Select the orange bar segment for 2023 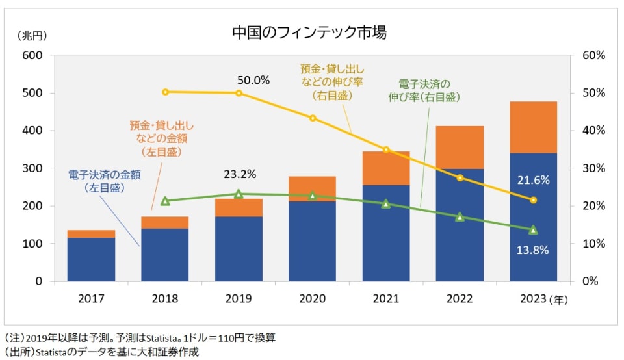tap(534, 127)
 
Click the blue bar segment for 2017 tap(91, 259)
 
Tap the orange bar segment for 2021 tap(386, 168)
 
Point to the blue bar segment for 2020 tap(312, 241)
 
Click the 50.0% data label tap(253, 81)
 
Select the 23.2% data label tap(240, 174)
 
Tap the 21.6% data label tap(534, 180)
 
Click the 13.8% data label tap(534, 250)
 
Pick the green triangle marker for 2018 tap(165, 201)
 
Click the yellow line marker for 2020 tap(313, 118)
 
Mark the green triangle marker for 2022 tap(460, 216)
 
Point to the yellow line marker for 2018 tap(165, 92)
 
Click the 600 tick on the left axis tap(32, 55)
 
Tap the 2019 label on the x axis tap(239, 300)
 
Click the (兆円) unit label tap(32, 35)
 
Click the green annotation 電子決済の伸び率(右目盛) tap(424, 90)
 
